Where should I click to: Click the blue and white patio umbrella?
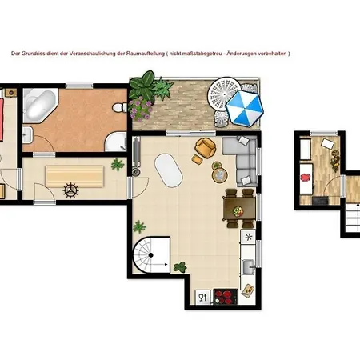pyautogui.click(x=245, y=108)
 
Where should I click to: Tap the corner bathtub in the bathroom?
pyautogui.click(x=40, y=105)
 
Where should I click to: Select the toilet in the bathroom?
pyautogui.click(x=120, y=107)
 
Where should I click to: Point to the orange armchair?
pyautogui.click(x=205, y=147)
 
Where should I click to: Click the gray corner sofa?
pyautogui.click(x=242, y=160)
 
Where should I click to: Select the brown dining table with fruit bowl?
pyautogui.click(x=239, y=208)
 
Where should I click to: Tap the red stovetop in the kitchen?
pyautogui.click(x=226, y=297)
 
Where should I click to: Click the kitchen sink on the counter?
pyautogui.click(x=249, y=266)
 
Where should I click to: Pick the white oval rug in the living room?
pyautogui.click(x=169, y=170)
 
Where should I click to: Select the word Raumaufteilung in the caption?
pyautogui.click(x=146, y=54)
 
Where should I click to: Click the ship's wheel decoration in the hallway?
pyautogui.click(x=70, y=190)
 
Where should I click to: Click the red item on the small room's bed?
pyautogui.click(x=306, y=177)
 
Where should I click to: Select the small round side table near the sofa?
pyautogui.click(x=220, y=175)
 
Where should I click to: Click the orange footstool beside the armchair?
pyautogui.click(x=198, y=159)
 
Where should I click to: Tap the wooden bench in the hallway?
pyautogui.click(x=74, y=176)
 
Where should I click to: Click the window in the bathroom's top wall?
pyautogui.click(x=79, y=86)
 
